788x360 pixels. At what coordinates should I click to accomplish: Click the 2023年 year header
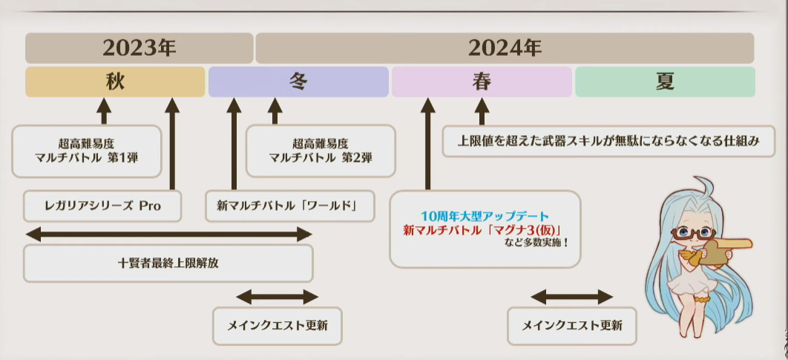coord(139,48)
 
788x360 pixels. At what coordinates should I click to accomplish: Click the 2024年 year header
coord(505,48)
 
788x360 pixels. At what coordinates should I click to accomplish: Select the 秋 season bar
coord(115,82)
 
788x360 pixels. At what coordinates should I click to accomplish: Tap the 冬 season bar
coord(298,82)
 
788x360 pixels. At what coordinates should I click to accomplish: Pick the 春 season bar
coord(482,82)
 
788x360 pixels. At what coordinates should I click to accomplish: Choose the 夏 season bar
coord(665,82)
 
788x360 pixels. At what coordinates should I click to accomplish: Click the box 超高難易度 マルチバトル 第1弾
coord(86,151)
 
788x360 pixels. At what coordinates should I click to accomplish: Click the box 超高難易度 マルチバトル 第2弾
coord(321,151)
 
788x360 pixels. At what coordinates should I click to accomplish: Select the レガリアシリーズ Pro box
coord(102,206)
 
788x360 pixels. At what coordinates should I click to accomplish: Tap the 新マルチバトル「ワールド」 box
coord(290,206)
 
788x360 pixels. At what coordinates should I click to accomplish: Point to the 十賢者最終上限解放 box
coord(168,263)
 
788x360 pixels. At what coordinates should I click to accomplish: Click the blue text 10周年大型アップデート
coord(485,217)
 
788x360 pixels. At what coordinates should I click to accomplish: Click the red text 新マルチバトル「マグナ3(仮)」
coord(482,230)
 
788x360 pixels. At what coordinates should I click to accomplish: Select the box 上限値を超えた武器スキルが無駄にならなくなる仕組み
coord(608,141)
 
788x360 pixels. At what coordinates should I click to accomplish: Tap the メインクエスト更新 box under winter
coord(278,326)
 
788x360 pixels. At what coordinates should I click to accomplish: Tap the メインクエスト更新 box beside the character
coord(572,326)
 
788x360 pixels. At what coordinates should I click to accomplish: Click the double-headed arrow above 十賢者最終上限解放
coord(169,234)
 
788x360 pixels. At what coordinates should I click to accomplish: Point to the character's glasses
coord(694,232)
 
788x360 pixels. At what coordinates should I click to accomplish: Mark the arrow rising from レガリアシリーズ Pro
coord(172,144)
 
